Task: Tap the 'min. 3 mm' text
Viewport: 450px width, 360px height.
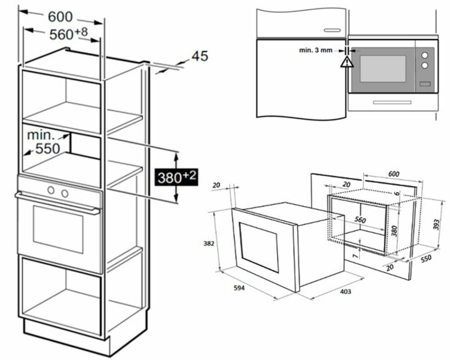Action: click(316, 50)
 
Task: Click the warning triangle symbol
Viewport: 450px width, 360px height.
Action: click(346, 62)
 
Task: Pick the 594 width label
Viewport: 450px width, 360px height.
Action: click(239, 288)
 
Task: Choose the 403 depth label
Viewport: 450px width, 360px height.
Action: click(345, 292)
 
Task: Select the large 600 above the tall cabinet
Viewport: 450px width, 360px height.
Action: click(60, 17)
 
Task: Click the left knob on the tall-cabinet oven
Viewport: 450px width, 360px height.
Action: click(51, 191)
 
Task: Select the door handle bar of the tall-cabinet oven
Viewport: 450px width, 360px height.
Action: click(57, 202)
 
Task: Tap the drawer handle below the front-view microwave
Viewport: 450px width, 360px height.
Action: click(392, 102)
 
